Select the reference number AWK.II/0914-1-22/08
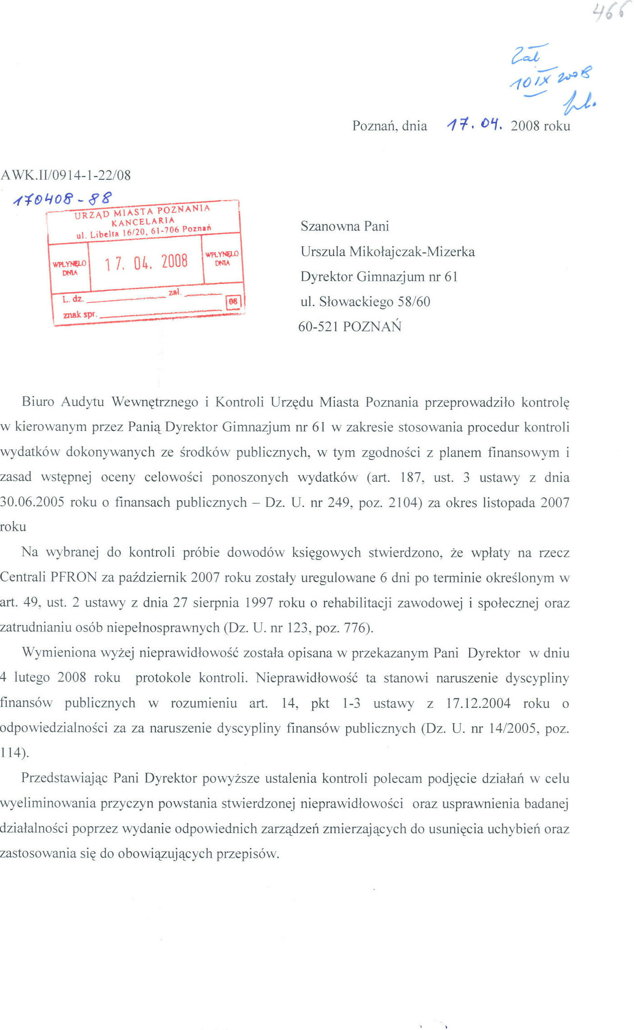pyautogui.click(x=66, y=175)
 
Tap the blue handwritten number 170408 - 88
pyautogui.click(x=63, y=198)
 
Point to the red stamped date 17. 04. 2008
pyautogui.click(x=146, y=262)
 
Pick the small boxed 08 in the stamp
pyautogui.click(x=233, y=302)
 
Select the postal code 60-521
pyautogui.click(x=318, y=326)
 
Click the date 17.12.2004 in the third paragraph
pyautogui.click(x=478, y=703)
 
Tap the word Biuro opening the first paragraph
pyautogui.click(x=38, y=401)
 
